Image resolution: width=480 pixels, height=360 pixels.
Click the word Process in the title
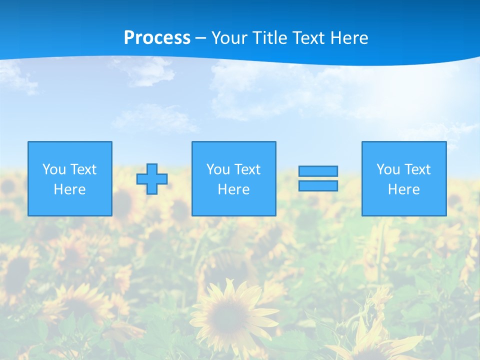[x=157, y=38]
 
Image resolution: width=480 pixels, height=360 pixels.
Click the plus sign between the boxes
[x=152, y=179]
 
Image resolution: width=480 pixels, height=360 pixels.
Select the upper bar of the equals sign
[x=318, y=171]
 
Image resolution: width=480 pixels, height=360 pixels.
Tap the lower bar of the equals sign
[x=318, y=186]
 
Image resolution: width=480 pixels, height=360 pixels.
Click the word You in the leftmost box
[x=54, y=169]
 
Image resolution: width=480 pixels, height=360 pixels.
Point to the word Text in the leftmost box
[x=82, y=169]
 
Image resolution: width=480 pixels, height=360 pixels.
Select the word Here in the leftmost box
[x=69, y=189]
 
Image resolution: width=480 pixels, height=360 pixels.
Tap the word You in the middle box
[x=218, y=169]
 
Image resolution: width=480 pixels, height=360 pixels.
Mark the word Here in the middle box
[x=233, y=189]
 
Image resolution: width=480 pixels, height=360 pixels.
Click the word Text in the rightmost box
[x=417, y=169]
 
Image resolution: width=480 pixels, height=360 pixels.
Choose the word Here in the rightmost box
[x=403, y=189]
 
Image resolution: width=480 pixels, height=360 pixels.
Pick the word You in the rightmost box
[x=388, y=169]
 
